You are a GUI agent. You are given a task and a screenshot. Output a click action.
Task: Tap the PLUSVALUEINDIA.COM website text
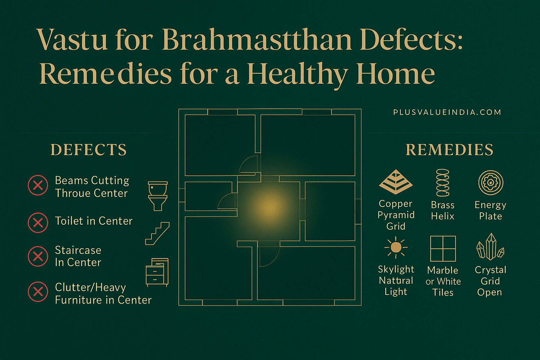[x=447, y=112]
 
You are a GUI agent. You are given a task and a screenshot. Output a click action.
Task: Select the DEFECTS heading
[x=89, y=150]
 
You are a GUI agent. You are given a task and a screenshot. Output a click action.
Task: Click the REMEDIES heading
[x=449, y=150]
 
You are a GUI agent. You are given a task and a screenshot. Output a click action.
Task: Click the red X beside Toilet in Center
[x=38, y=222]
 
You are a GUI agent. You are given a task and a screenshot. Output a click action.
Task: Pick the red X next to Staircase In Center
[x=38, y=256]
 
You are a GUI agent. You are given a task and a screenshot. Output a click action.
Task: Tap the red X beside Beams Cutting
[x=38, y=185]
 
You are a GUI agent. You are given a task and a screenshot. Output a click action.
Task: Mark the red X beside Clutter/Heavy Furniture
[x=38, y=291]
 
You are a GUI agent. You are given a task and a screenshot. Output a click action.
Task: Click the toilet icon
[x=158, y=195]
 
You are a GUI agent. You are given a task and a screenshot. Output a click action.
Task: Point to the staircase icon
[x=157, y=234]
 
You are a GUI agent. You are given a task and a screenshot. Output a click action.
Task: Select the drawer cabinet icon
[x=157, y=272]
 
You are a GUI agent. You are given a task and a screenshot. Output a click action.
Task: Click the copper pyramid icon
[x=396, y=182]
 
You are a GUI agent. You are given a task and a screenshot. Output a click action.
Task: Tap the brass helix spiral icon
[x=442, y=183]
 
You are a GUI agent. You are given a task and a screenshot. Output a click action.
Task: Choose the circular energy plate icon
[x=490, y=183]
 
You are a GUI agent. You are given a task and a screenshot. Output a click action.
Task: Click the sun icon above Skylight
[x=396, y=247]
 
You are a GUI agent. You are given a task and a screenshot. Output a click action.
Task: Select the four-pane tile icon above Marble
[x=443, y=248]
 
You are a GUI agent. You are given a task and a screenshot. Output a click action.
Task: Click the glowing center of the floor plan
[x=268, y=207]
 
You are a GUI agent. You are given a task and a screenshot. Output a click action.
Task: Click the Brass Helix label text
[x=442, y=211]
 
